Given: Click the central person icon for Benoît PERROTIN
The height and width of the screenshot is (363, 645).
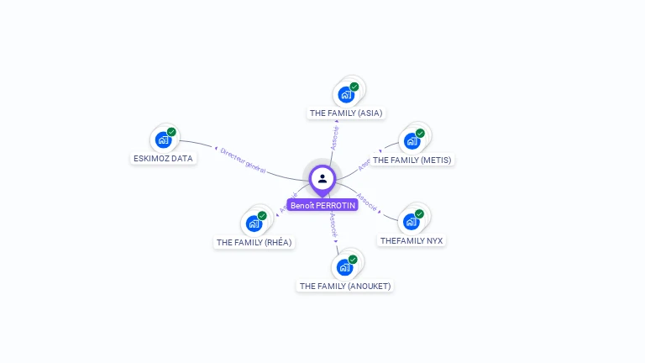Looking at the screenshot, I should pos(322,178).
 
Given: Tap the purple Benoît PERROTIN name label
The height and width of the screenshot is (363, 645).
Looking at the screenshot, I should pos(322,205).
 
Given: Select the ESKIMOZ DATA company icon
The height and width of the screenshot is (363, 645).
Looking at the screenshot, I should pos(163,140).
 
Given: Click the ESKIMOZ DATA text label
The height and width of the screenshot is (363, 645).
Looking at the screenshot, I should pos(163,158).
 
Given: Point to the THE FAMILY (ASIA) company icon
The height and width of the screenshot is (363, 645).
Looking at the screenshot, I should pos(346,94).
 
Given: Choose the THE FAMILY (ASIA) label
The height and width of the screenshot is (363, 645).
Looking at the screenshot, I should pos(346,113).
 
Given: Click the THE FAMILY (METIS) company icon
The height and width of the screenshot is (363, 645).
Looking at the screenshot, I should pos(412,141).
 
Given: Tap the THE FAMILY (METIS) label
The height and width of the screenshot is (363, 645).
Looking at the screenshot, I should pos(412,160).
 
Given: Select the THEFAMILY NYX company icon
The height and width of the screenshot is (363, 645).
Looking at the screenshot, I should pos(411,222).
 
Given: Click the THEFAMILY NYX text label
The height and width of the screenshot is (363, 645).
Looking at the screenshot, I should pos(412,240).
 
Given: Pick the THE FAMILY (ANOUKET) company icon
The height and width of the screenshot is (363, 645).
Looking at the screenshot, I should pos(344,267).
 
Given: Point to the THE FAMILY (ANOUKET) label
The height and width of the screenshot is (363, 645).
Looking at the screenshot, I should pos(345,286).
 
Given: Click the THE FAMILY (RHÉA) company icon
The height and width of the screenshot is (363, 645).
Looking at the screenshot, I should pos(254,224).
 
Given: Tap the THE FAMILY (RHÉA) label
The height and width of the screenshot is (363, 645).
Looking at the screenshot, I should pos(254,242).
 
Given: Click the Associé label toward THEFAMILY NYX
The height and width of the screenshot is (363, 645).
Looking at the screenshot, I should pos(367,202).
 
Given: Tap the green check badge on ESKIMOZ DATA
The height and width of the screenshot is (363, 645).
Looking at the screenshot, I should pos(171,132).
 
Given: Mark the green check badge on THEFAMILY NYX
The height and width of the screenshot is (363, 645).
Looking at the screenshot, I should pos(419,213).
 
